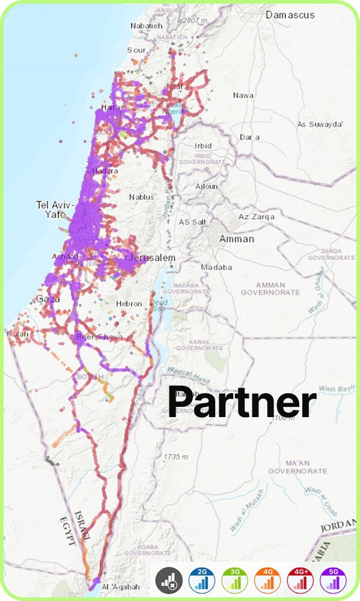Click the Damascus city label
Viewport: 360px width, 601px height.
click(x=290, y=14)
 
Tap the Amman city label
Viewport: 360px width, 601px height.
click(x=236, y=239)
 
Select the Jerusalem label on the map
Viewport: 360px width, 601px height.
click(x=151, y=258)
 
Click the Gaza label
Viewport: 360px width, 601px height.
click(x=48, y=299)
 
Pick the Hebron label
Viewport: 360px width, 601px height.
click(x=129, y=304)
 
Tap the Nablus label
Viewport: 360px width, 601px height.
click(x=142, y=197)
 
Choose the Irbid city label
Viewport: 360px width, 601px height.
click(x=203, y=146)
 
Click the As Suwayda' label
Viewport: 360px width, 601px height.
click(x=320, y=124)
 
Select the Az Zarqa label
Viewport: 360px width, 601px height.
click(x=257, y=216)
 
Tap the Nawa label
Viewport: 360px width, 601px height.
click(x=243, y=95)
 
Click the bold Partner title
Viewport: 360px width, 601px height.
click(x=242, y=402)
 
